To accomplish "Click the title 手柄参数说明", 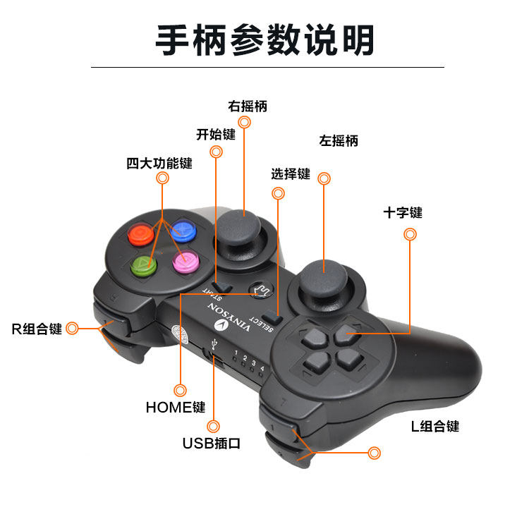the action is (x=264, y=40).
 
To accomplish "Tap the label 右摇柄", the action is (x=248, y=106).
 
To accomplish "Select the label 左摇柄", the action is (x=339, y=141).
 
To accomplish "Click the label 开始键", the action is (x=215, y=135).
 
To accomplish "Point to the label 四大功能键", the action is (x=159, y=164).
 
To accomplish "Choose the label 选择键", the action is (x=291, y=174).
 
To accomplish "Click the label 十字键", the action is (x=403, y=212).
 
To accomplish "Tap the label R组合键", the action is (x=37, y=329).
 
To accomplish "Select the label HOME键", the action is (x=176, y=407).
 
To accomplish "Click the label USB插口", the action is (x=212, y=444).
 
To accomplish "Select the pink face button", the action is (x=186, y=262).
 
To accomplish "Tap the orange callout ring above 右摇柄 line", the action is (x=245, y=122).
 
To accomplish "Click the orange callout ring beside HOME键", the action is (x=181, y=389).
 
